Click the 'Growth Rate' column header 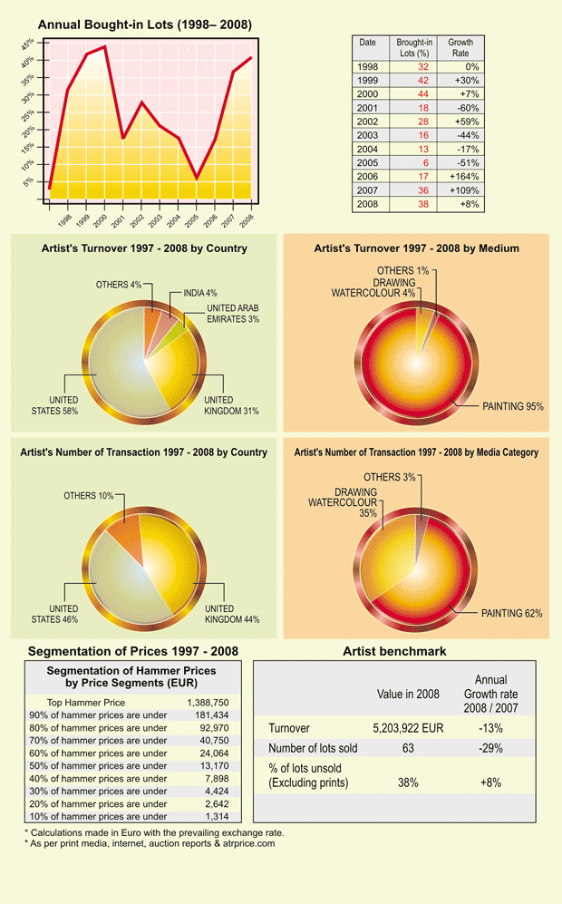pos(460,47)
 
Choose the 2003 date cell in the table pos(367,135)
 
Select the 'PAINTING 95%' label pos(512,406)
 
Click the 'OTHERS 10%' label pos(88,496)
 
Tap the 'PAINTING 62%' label pos(511,614)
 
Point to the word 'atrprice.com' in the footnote pos(247,843)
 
